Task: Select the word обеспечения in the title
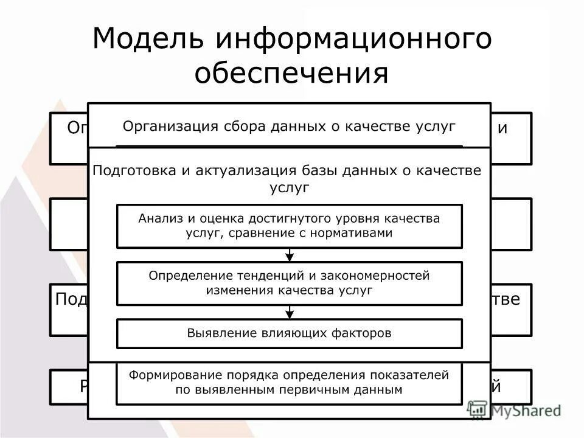291,73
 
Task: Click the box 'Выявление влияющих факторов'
289,333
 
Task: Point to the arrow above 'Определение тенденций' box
290,254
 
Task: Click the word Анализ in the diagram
159,218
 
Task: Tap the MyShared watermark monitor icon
478,409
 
